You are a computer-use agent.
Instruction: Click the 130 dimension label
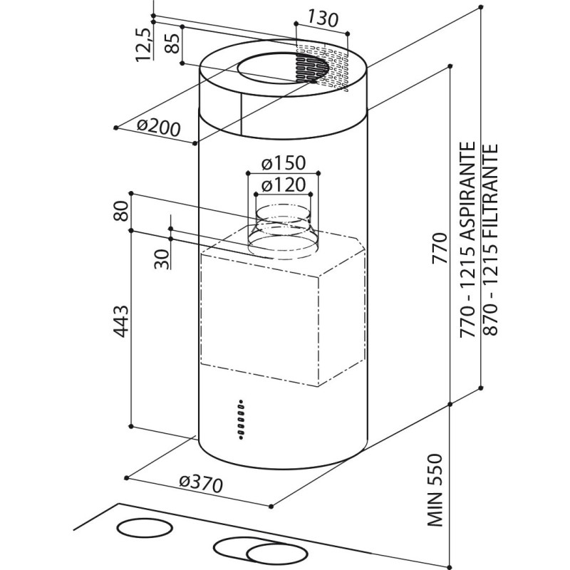(323, 20)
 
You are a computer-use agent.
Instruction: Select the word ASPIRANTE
(468, 192)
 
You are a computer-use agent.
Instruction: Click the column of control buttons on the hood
(240, 417)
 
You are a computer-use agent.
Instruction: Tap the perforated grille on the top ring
(321, 68)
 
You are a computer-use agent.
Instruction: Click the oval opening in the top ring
(274, 70)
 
